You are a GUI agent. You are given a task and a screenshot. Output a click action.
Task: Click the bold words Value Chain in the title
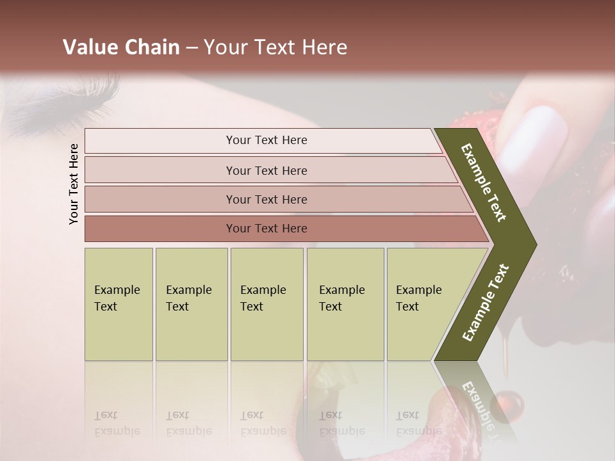[x=121, y=47]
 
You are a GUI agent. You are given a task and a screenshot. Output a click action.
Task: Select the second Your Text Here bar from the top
[x=266, y=170]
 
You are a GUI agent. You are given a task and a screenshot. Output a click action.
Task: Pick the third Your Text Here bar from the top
[x=266, y=199]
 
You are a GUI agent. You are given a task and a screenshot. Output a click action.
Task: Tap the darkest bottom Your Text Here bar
[x=266, y=229]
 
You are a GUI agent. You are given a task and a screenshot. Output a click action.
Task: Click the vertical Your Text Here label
[x=74, y=184]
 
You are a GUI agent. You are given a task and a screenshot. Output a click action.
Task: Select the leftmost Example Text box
[x=119, y=304]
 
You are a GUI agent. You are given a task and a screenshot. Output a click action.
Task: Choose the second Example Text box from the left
[x=191, y=304]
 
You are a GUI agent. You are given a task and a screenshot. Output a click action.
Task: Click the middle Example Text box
[x=266, y=304]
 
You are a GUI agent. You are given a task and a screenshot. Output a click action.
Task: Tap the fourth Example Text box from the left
[x=345, y=304]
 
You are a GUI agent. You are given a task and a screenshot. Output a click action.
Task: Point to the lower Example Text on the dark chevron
[x=486, y=303]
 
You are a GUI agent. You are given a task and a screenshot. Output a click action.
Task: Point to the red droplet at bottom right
[x=512, y=404]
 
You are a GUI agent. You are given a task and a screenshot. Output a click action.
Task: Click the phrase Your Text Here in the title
[x=275, y=47]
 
